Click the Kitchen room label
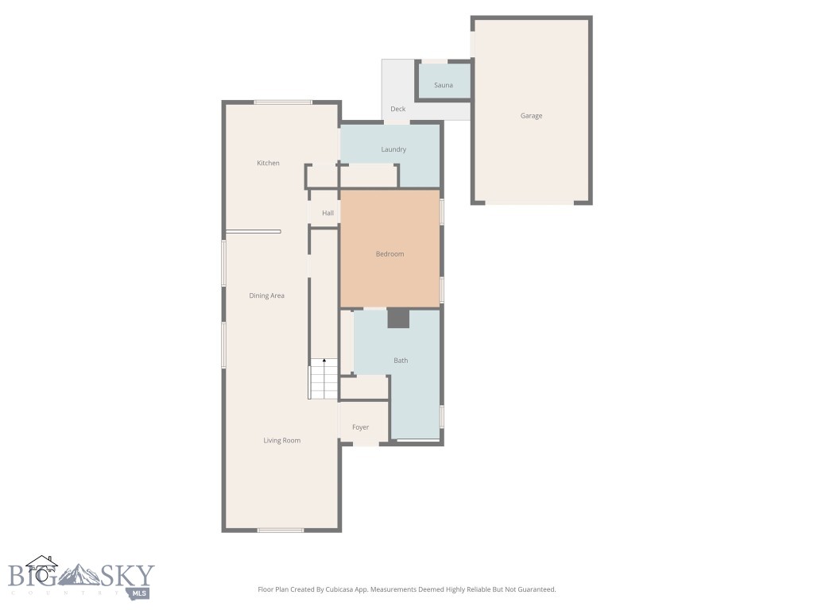[268, 163]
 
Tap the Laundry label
[393, 149]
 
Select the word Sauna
[444, 85]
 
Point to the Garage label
[531, 116]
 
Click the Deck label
[398, 109]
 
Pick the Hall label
[328, 213]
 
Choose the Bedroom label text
[390, 254]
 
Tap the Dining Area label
[266, 295]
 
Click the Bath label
[401, 361]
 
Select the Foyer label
[361, 427]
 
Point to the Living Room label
[282, 440]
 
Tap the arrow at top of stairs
[324, 361]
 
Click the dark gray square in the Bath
[398, 319]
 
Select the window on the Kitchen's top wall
[283, 102]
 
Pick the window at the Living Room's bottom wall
[280, 530]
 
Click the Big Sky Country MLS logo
[80, 578]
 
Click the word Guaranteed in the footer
[535, 589]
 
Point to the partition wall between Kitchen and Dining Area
[253, 231]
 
